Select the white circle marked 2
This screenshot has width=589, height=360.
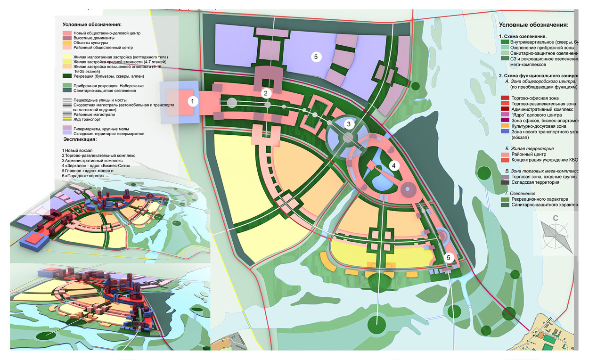coord(266,93)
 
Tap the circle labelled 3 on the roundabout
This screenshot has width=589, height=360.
coord(348,124)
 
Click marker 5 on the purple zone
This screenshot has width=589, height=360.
coord(316,57)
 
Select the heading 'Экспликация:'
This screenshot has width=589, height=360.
coord(84,139)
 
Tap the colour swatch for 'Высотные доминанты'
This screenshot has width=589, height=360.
coord(67,38)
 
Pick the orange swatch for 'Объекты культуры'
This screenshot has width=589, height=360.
coord(67,43)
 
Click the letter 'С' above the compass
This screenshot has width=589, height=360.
coord(556,218)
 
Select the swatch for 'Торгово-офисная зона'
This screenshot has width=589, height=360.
coord(505,98)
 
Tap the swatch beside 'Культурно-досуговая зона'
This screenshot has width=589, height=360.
coord(505,126)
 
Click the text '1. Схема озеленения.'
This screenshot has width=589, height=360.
coord(523,36)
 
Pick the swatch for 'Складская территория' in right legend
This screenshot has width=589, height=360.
coord(505,182)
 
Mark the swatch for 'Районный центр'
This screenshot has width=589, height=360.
coord(505,154)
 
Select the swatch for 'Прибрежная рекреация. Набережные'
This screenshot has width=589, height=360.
coord(67,86)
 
